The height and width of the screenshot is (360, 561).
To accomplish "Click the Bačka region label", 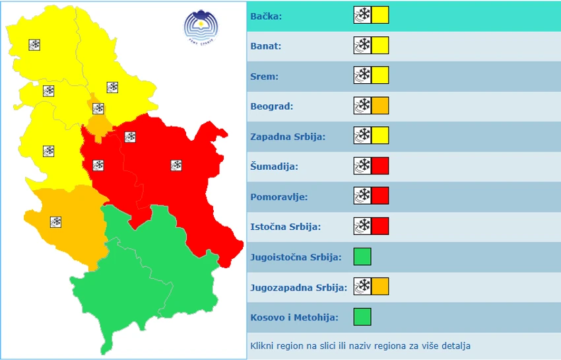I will pos(266,16).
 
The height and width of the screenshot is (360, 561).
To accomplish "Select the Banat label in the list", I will pos(266,46).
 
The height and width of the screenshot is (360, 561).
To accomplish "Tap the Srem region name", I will pos(264,76).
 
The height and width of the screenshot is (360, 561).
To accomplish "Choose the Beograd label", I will pos(272,106).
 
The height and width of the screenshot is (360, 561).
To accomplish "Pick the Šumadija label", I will pos(275,166).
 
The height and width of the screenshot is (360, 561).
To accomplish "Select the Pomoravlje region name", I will pos(279,197).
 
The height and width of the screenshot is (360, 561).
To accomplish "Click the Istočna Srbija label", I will pos(286,227).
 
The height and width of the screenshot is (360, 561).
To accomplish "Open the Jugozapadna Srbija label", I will pos(298,287).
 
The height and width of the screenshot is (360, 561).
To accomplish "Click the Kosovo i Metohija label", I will pos(294,318).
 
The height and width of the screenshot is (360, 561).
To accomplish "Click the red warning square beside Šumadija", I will pos(380,166).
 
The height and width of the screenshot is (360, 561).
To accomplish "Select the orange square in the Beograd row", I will pos(380,106).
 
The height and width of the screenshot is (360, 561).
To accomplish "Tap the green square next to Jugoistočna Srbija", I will pos(362,256).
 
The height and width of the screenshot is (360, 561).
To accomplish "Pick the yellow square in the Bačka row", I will pos(380,15).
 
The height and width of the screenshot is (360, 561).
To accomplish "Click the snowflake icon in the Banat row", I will pos(362,46).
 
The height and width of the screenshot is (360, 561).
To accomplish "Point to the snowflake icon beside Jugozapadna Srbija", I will pos(362,287).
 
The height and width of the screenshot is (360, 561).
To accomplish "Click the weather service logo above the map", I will pos(200,26).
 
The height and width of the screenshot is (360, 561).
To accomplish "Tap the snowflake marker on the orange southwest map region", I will pos(56,222).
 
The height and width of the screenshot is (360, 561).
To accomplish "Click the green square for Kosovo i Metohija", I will pos(362,317).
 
